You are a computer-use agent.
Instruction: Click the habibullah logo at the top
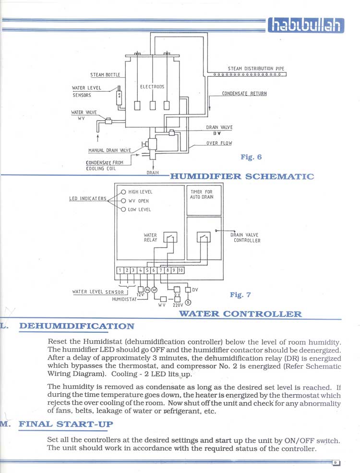click(x=306, y=25)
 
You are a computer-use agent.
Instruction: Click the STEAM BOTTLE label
click(x=105, y=74)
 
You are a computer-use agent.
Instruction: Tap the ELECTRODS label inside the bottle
click(x=152, y=86)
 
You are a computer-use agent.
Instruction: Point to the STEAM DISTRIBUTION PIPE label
click(x=256, y=69)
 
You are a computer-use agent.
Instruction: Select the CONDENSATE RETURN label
click(x=244, y=94)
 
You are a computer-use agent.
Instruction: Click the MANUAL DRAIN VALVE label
click(x=109, y=150)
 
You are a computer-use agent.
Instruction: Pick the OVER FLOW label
click(x=219, y=143)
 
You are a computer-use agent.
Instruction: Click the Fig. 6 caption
click(x=251, y=157)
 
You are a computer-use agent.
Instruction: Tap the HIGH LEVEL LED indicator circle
click(x=123, y=192)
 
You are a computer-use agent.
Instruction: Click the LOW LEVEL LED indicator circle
click(x=123, y=209)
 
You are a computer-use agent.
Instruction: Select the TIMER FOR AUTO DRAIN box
click(x=204, y=200)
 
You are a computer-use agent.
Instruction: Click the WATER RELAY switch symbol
click(x=170, y=237)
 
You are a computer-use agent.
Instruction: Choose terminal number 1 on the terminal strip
click(x=120, y=270)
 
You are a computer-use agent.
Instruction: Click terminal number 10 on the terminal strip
click(x=180, y=270)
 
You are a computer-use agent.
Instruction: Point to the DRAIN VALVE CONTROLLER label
click(x=245, y=238)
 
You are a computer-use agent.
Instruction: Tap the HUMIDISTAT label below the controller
click(x=124, y=299)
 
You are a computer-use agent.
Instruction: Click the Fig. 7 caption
click(x=240, y=294)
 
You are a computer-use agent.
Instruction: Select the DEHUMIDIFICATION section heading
click(x=77, y=326)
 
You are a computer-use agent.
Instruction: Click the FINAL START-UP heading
click(x=66, y=424)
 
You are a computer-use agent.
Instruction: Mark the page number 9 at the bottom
click(x=336, y=463)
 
